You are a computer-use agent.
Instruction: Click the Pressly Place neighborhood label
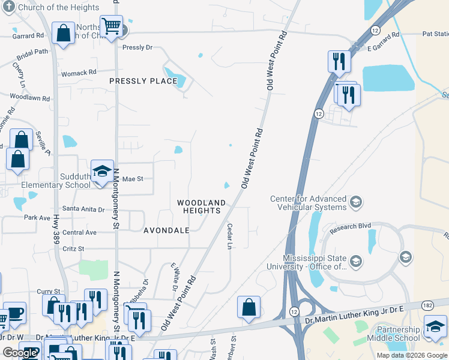[143, 81]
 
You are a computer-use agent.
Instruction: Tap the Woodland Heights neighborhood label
[202, 207]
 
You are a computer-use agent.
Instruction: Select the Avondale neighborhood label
[166, 230]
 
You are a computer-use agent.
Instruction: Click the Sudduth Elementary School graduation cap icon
[102, 170]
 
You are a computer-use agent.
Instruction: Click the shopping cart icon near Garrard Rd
[111, 26]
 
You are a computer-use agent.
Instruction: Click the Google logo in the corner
[20, 353]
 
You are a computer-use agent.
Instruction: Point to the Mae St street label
[133, 179]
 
